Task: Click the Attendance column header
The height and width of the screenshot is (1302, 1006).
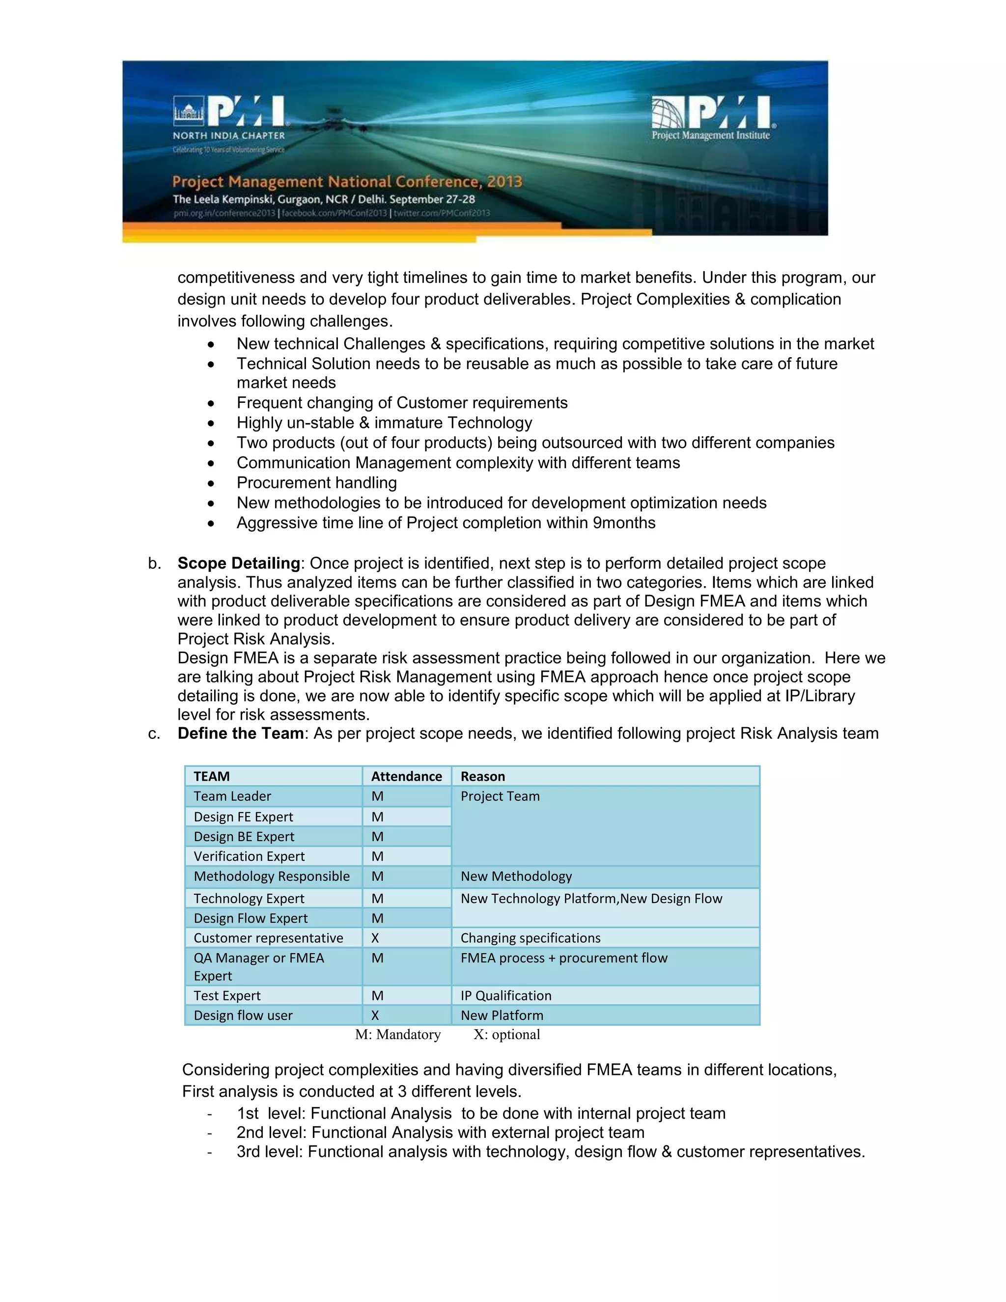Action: point(406,776)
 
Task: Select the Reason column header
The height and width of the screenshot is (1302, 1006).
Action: point(482,776)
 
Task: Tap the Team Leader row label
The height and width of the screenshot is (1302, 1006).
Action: point(232,796)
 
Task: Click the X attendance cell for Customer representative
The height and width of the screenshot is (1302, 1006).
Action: point(375,938)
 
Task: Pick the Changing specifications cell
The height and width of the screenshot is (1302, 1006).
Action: point(530,938)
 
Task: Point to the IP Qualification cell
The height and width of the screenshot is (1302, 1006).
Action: point(505,995)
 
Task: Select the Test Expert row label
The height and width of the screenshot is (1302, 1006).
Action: point(226,995)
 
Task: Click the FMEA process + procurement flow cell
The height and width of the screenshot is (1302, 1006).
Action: point(563,958)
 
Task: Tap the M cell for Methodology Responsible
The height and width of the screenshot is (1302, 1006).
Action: point(377,877)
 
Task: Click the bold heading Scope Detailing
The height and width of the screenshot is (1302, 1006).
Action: point(238,564)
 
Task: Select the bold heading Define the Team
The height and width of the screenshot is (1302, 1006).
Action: point(241,733)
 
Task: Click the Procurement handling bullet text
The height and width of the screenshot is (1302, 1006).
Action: point(316,483)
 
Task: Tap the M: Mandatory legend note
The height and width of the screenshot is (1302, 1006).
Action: point(397,1034)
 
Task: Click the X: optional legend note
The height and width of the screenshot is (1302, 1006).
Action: point(506,1034)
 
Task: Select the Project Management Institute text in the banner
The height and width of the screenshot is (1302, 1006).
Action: point(710,135)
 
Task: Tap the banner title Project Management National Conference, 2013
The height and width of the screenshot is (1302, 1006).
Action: point(347,181)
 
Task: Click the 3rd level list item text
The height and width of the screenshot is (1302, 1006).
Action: point(550,1151)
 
